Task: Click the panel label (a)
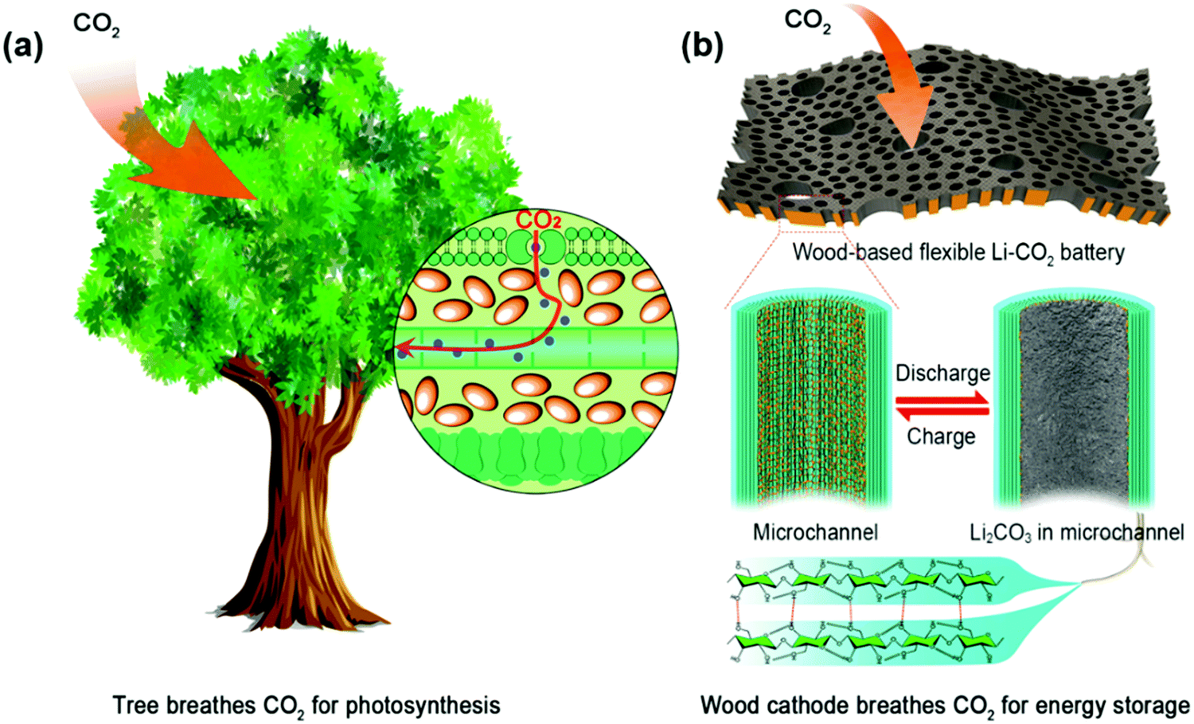[x=23, y=47]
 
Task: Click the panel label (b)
[x=703, y=46]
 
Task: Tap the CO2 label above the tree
[x=96, y=24]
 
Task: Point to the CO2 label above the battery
[x=808, y=21]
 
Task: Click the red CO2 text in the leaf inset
[x=538, y=221]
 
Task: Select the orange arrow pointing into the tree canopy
[x=176, y=144]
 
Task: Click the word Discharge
[x=942, y=373]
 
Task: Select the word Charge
[x=942, y=436]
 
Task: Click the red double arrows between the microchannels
[x=942, y=405]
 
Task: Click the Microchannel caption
[x=816, y=532]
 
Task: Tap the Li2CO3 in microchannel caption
[x=1077, y=533]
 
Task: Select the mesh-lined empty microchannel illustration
[x=811, y=400]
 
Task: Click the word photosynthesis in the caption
[x=423, y=706]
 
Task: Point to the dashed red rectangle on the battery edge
[x=811, y=213]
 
